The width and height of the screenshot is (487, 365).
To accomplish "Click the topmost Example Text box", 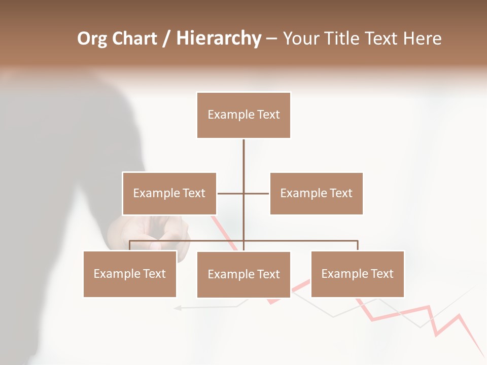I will pos(243,115).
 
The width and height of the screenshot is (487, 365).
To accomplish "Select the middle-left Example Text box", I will pos(169,194).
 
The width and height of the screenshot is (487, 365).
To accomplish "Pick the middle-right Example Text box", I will pos(316,194).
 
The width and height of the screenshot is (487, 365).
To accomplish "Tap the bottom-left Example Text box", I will pos(129,274).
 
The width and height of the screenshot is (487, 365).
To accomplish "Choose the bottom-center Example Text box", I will pos(243,275).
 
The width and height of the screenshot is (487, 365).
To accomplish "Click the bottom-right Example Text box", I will pos(357,274).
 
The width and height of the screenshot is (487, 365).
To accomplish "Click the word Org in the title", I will pos(93,39).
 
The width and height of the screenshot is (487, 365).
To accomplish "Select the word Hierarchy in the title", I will pos(219,39).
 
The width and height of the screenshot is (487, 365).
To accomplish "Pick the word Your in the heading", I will pos(300,39).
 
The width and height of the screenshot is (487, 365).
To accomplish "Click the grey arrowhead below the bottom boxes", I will pos(177,307).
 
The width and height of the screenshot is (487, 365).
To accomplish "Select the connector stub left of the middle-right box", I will pos(257,193).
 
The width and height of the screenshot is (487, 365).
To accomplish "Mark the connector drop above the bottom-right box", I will pos(358,245).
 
